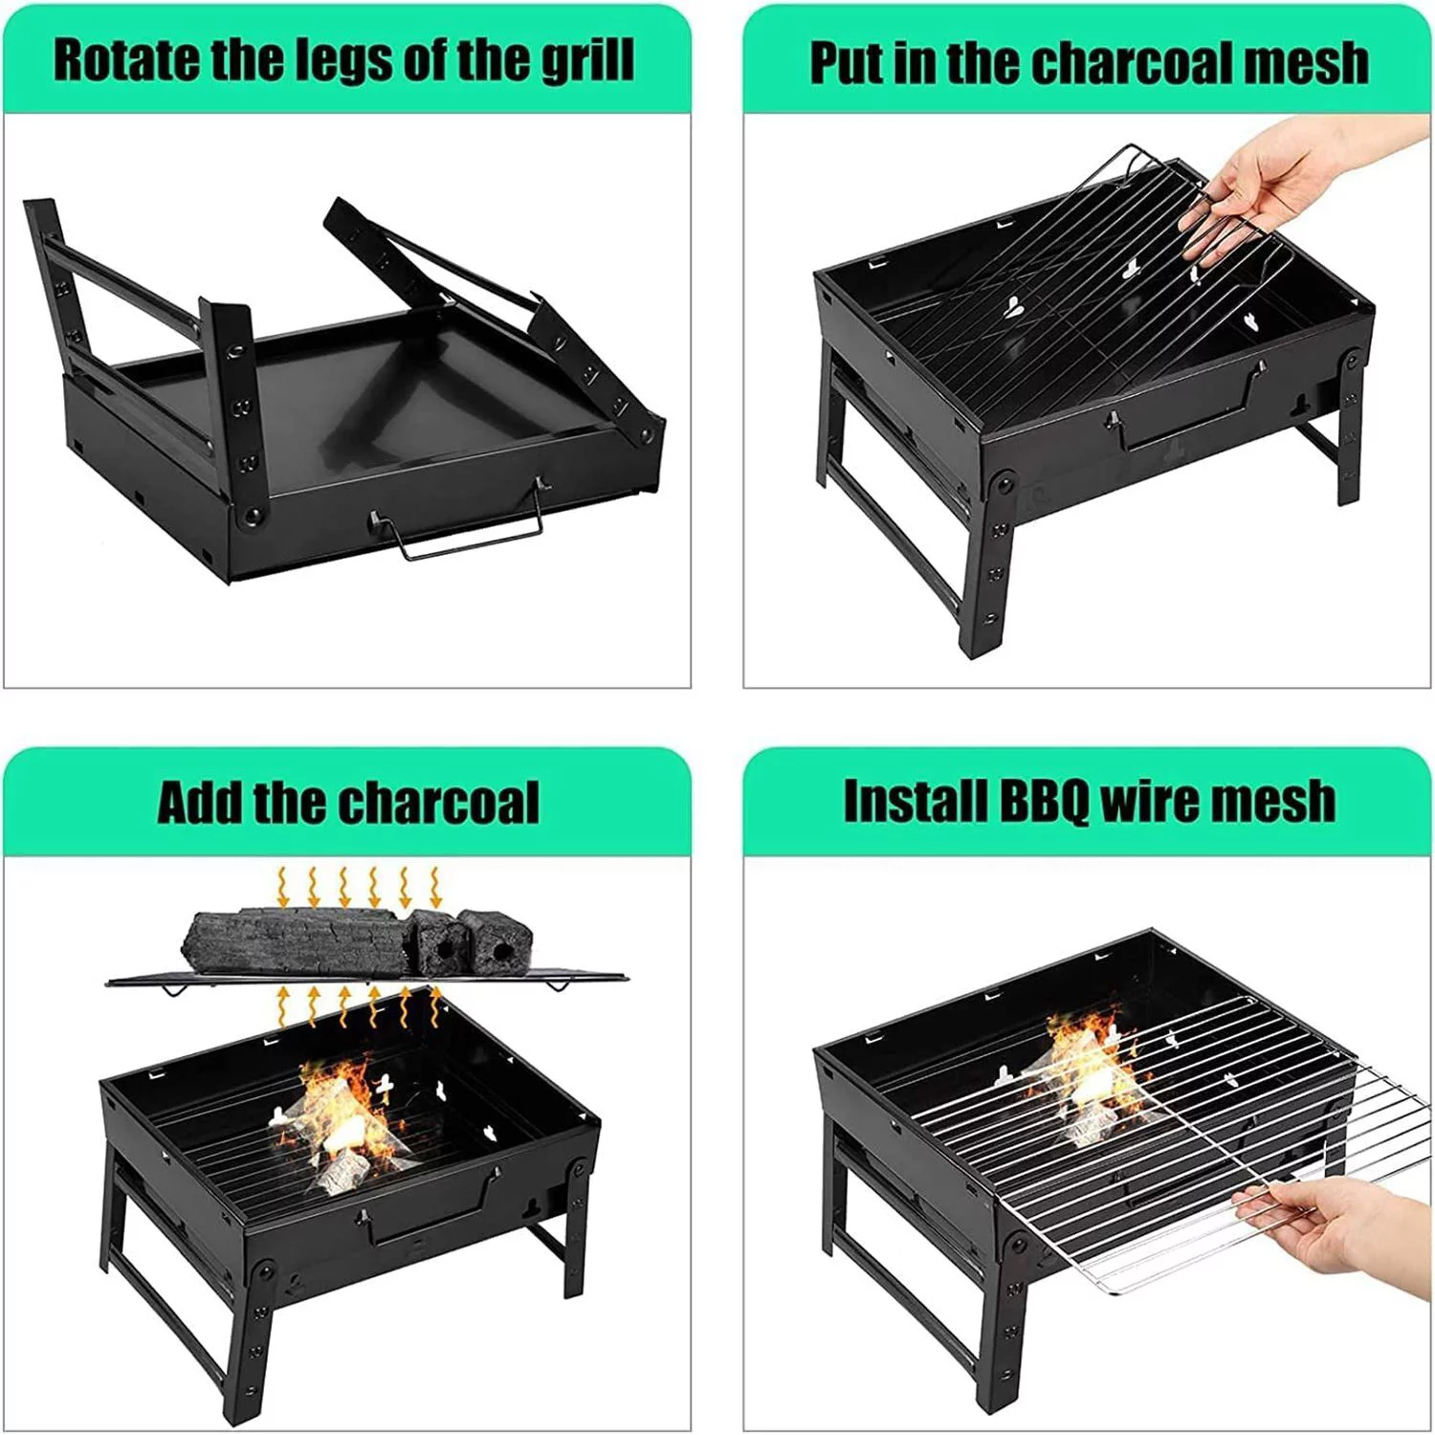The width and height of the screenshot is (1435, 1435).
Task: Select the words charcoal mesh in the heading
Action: [1201, 63]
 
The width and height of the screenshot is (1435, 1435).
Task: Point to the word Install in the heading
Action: [915, 802]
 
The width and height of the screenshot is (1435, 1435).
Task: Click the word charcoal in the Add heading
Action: [439, 802]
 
